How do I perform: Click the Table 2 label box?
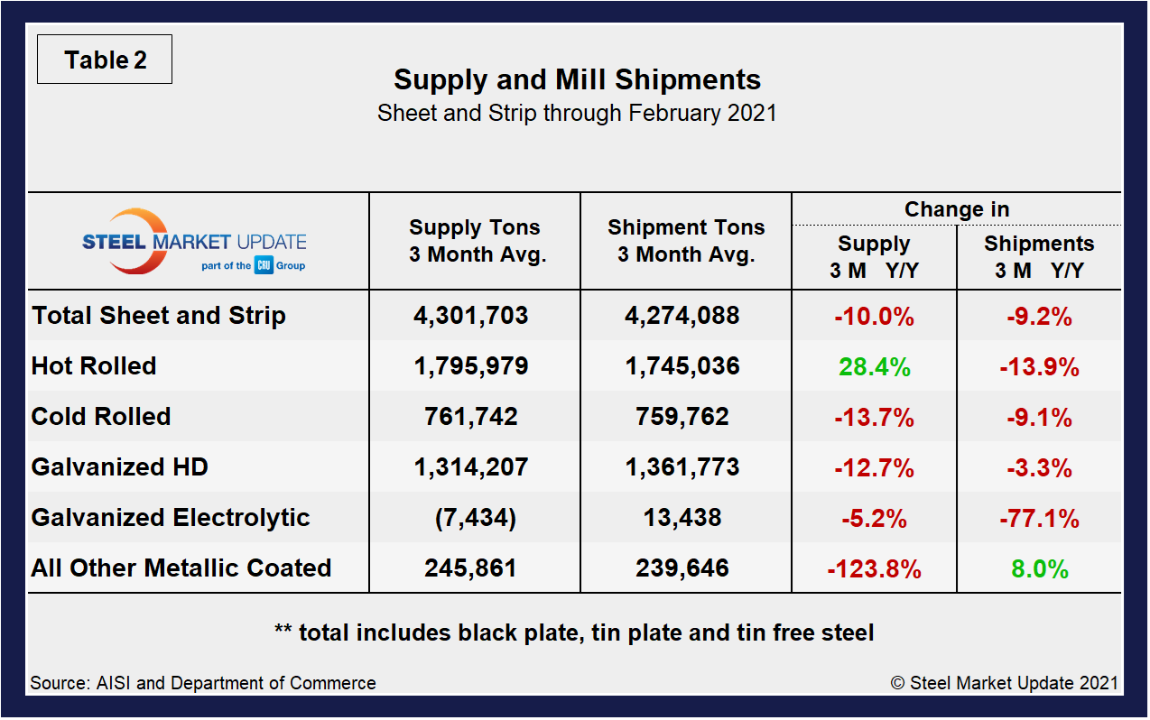coord(105,60)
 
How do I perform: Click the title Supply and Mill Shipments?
coord(577,79)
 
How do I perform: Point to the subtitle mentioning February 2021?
coord(577,114)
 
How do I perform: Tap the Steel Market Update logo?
coord(194,242)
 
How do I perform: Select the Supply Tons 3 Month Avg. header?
coord(475,241)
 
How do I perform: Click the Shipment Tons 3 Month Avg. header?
coord(686,241)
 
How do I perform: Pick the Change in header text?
coord(957,209)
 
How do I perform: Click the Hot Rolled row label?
coord(94,366)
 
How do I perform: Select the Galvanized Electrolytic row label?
coord(171,518)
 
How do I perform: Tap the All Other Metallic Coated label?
coord(181,568)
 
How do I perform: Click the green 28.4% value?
coord(874,367)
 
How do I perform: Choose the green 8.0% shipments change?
coord(1039,569)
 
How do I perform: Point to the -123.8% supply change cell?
coord(874,569)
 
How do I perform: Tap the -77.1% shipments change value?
coord(1039,519)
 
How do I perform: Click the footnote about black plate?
coord(574,632)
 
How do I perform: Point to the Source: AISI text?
coord(203,683)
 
